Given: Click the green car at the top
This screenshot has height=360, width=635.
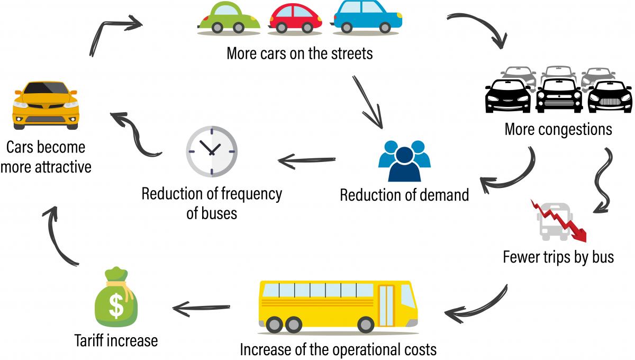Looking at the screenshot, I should click(229, 19).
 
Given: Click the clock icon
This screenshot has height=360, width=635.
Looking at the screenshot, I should click(211, 151).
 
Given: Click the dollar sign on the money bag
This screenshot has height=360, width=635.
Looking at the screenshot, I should click(116, 307).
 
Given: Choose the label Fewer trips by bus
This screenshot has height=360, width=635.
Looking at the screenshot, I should click(558, 257).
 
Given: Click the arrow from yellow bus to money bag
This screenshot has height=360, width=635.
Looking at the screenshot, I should click(201, 307).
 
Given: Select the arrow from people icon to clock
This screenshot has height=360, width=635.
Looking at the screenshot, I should click(307, 160).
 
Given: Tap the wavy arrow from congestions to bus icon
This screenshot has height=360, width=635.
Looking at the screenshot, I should click(604, 180).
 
